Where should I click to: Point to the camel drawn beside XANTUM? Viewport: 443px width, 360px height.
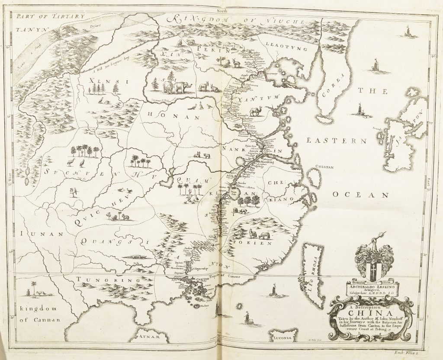click(256, 112)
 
